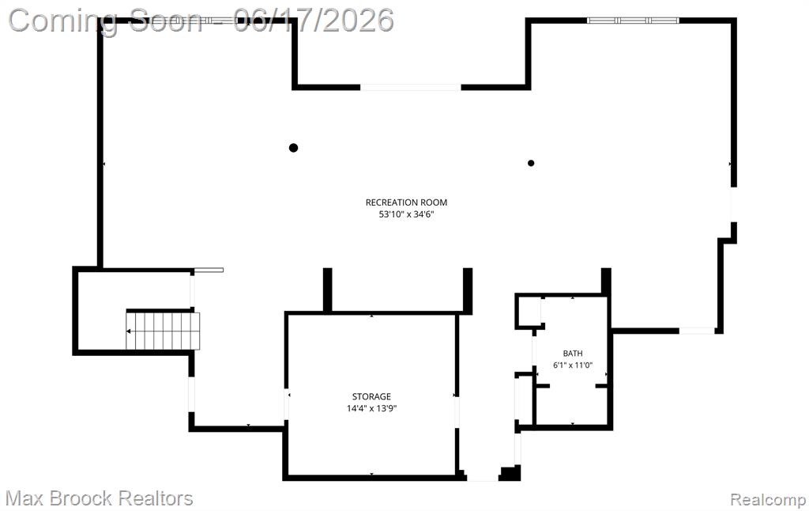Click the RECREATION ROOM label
click(406, 203)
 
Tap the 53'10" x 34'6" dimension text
click(406, 214)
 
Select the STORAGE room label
click(371, 397)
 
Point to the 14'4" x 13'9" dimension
click(371, 409)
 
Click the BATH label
click(573, 354)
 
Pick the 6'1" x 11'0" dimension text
click(573, 365)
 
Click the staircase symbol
click(163, 331)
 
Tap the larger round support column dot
click(294, 148)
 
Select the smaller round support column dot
click(531, 163)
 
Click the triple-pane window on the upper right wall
click(633, 21)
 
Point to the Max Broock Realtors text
click(99, 498)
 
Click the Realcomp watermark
click(768, 500)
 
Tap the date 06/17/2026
click(313, 21)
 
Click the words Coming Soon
click(106, 21)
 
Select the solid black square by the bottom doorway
click(510, 473)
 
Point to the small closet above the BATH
click(529, 311)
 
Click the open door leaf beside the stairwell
click(209, 270)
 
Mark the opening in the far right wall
click(733, 205)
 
